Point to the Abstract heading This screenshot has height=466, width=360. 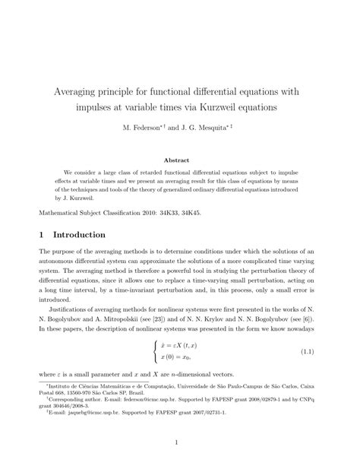[x=179, y=160]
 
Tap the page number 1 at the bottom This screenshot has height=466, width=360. [x=179, y=442]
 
